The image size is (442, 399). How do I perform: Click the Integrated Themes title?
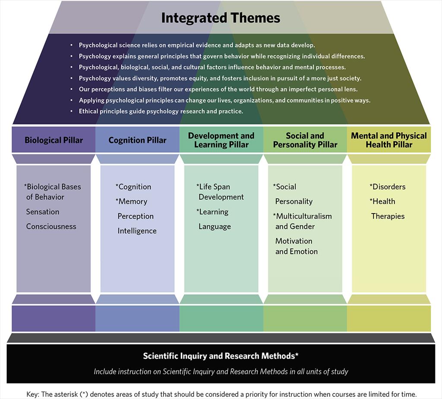pos(221,18)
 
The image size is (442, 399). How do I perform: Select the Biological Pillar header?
pos(54,140)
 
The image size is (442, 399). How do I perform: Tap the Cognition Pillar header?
pos(137,140)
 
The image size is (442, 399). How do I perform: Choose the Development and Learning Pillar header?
pos(221,140)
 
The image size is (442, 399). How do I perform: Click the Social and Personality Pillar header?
pos(305,140)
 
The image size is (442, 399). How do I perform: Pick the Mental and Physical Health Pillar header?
pos(388,140)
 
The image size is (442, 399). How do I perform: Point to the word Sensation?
pos(42,212)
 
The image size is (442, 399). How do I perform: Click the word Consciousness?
pos(51,227)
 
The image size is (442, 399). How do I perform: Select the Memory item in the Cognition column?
pos(132,201)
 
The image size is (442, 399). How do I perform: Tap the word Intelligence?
pos(137,231)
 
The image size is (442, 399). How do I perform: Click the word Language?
pos(215,227)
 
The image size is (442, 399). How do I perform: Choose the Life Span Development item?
pos(220,192)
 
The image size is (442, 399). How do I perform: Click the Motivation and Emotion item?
pos(296,246)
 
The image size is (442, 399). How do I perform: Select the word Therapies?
pos(388,216)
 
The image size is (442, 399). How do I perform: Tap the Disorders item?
pos(388,187)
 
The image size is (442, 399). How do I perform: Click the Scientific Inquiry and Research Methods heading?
pos(221,356)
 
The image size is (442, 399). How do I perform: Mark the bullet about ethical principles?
pos(161,111)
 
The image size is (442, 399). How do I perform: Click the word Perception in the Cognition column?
pos(136,216)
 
